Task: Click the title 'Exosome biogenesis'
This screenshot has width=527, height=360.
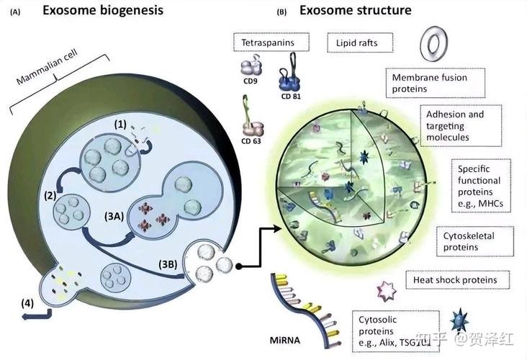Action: point(103,10)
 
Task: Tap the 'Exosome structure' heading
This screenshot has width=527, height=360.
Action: point(355,10)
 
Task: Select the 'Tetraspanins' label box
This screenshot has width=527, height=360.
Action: point(271,42)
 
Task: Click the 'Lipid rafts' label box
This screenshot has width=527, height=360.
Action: point(360,42)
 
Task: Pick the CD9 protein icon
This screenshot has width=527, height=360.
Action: point(251,66)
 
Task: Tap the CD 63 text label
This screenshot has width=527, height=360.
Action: point(251,141)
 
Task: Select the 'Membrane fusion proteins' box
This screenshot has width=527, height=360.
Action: point(436,83)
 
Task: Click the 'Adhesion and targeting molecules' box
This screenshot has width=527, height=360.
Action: point(461,126)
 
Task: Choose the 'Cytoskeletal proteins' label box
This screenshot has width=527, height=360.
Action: point(474,241)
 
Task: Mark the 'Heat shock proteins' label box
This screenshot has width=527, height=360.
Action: point(457,279)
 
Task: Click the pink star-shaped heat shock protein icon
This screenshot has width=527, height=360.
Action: point(386,290)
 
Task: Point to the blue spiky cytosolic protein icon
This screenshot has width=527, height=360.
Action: point(459,320)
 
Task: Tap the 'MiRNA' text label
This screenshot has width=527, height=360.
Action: point(284,340)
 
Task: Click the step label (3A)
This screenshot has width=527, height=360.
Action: point(114,217)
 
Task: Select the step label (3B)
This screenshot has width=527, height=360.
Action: point(168,264)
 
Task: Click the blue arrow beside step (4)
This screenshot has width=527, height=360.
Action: point(37,315)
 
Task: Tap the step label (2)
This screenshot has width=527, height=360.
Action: point(50,195)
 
